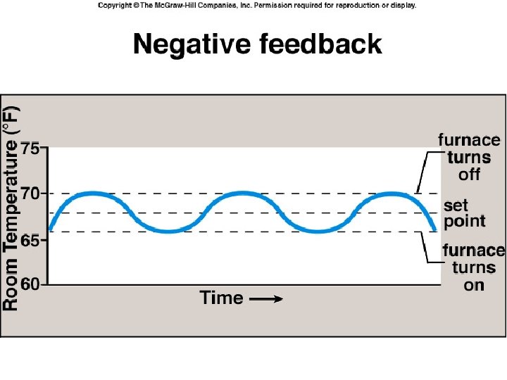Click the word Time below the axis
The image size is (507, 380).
coord(221,298)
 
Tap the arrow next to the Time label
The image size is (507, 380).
coord(266,299)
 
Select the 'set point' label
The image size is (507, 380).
coord(464,213)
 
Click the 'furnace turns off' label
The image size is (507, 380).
coord(469,157)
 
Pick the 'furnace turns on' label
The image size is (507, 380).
coord(474,267)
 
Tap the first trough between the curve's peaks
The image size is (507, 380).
coord(168,231)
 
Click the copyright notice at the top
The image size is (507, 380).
coord(257,5)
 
